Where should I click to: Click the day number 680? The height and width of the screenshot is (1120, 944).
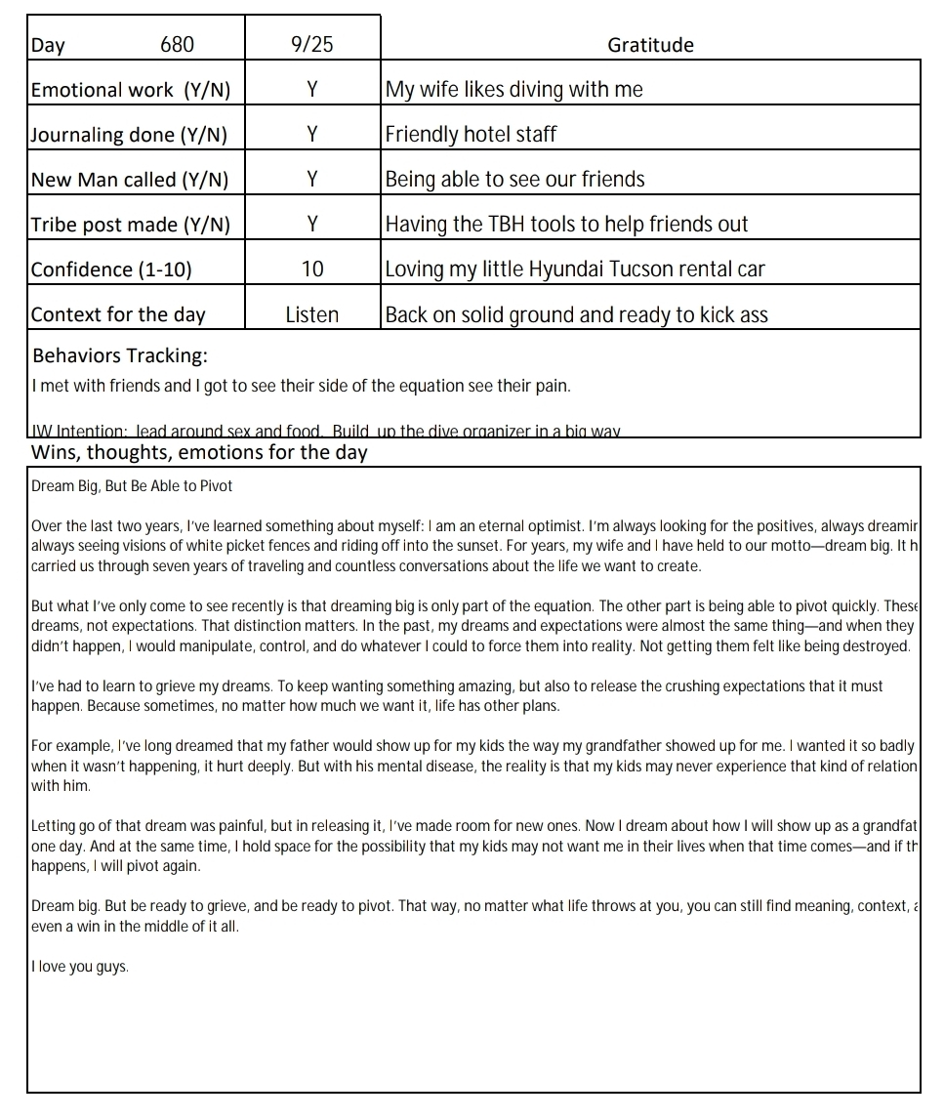(177, 45)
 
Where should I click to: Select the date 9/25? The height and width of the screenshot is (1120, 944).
(311, 45)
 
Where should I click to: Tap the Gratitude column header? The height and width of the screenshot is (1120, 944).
(650, 45)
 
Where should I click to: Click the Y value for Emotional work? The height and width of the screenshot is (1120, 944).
(311, 90)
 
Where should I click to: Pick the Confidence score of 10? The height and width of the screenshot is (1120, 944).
(311, 270)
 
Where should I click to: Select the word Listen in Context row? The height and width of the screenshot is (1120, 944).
(311, 314)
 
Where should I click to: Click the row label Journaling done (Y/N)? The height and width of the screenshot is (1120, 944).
(129, 135)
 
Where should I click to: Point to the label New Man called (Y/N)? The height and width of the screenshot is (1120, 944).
(130, 180)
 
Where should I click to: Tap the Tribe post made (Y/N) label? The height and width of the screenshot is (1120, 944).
(131, 225)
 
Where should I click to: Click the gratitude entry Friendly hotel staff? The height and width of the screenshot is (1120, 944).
(471, 135)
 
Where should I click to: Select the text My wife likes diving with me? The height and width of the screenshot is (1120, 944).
(513, 90)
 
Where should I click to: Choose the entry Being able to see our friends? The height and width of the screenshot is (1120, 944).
(514, 180)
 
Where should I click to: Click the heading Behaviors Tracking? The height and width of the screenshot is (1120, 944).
(120, 355)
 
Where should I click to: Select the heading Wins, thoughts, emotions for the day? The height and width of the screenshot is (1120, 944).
(199, 452)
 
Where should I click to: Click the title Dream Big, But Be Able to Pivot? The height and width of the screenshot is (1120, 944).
(132, 486)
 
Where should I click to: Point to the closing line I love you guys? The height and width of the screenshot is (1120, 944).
(79, 968)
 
